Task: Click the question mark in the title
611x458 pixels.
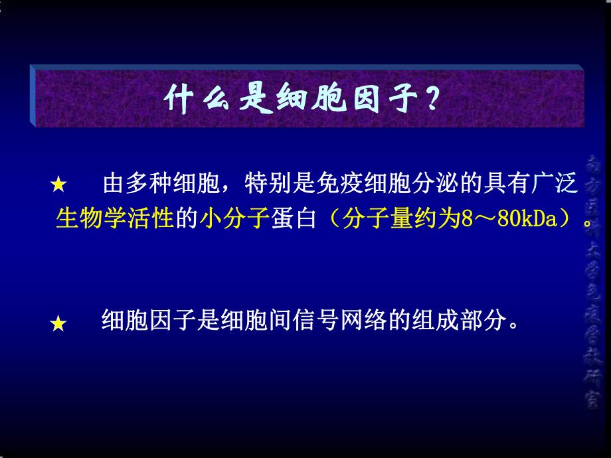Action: point(432,100)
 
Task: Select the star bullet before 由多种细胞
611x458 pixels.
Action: point(58,185)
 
